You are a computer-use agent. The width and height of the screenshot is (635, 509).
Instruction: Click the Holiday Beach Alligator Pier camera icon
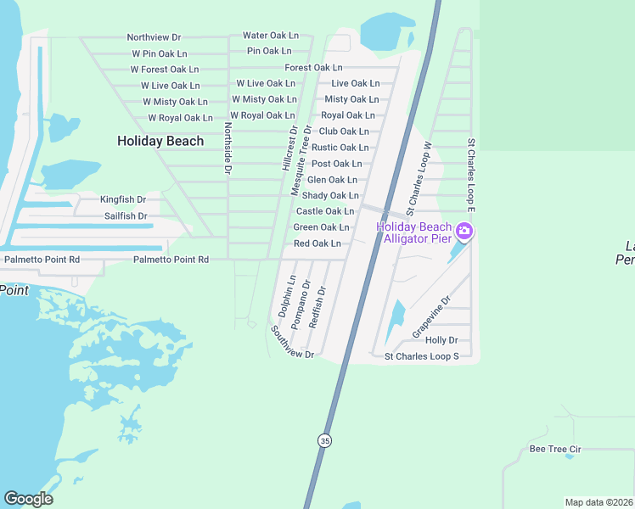coord(464,231)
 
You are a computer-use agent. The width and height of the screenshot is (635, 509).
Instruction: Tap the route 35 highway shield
coord(324,440)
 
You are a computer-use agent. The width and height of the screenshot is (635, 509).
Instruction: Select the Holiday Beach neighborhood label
coord(160,141)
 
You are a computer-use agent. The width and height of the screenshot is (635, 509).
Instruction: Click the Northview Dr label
coord(154,37)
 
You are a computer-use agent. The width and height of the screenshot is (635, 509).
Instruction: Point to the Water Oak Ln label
coord(271,36)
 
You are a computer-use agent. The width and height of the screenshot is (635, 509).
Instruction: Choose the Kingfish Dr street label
coord(123,199)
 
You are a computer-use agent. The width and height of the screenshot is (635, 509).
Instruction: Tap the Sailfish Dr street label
coord(126,216)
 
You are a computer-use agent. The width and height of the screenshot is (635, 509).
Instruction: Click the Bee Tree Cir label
coord(554,449)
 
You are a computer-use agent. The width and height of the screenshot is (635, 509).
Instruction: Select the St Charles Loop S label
coord(421,356)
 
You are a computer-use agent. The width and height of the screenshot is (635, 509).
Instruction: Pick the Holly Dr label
coord(441,340)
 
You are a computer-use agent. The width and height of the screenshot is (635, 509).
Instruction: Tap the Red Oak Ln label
coord(317,243)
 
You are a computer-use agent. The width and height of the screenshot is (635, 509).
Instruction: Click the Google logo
coord(28,499)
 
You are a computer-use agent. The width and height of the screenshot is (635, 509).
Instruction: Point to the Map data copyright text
coord(599,502)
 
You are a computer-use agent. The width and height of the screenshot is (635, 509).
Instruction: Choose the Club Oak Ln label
coord(343,131)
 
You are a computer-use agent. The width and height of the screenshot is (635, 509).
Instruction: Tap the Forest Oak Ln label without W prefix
coord(313,67)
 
